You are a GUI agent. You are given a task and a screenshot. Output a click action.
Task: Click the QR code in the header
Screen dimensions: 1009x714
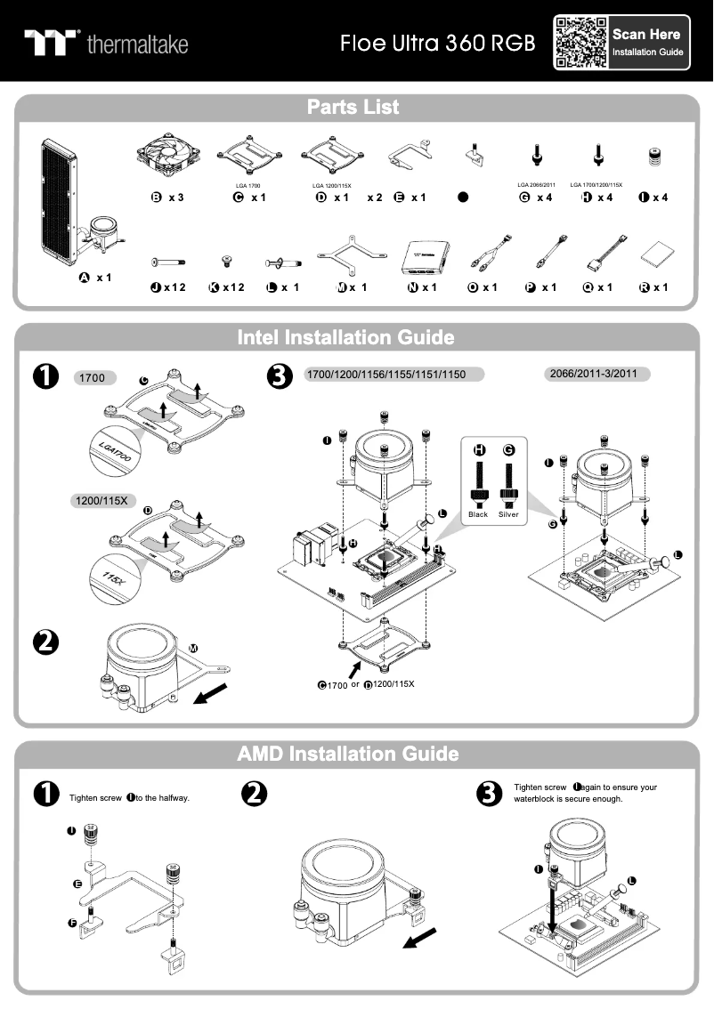[x=580, y=43]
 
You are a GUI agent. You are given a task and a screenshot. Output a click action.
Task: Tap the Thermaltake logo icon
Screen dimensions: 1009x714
[x=52, y=43]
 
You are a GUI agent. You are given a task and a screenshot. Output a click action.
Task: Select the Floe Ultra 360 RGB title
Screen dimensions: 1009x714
[x=437, y=43]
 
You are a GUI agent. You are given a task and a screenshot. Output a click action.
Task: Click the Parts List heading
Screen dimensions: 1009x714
[x=353, y=108]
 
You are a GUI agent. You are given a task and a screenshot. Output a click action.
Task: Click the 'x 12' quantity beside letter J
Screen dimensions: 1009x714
[x=174, y=287]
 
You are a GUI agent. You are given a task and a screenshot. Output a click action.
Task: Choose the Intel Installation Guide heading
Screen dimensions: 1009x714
[x=345, y=338]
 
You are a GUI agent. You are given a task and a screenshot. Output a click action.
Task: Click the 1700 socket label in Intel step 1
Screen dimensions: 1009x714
[x=93, y=378]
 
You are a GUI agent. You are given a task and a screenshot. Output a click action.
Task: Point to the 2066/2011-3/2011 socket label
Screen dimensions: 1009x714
[x=596, y=374]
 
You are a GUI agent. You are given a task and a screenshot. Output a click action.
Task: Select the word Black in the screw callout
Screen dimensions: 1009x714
[x=478, y=514]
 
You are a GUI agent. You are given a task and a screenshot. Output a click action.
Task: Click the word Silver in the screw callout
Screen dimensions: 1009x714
[x=508, y=514]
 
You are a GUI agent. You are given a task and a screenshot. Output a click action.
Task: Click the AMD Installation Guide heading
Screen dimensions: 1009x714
[x=348, y=754]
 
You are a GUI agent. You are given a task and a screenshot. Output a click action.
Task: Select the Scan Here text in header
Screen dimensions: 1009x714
[x=646, y=34]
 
